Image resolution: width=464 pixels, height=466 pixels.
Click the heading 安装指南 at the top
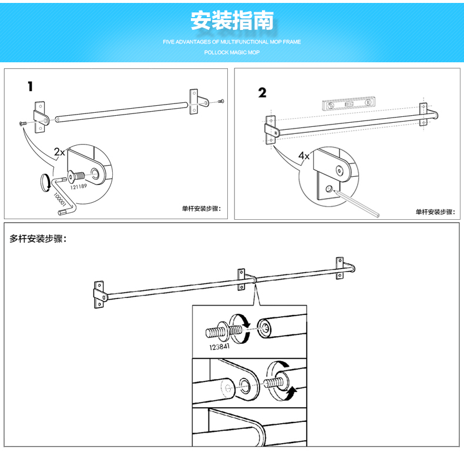point(232,21)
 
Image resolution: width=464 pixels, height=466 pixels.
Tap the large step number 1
point(30,86)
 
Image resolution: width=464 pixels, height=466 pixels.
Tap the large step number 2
point(262,92)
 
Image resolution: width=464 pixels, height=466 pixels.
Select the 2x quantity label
point(59,152)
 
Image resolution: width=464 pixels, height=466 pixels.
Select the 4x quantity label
point(304,156)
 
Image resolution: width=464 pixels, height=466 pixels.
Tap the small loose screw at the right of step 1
point(220,102)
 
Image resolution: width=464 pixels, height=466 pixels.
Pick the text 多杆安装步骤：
point(38,239)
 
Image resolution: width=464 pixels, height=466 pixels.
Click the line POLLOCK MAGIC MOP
point(232,52)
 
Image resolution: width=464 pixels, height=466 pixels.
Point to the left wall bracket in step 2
point(271,129)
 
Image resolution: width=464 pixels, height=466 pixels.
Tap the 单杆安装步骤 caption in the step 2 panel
point(435,212)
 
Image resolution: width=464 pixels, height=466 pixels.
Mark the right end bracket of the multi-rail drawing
point(339,267)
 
